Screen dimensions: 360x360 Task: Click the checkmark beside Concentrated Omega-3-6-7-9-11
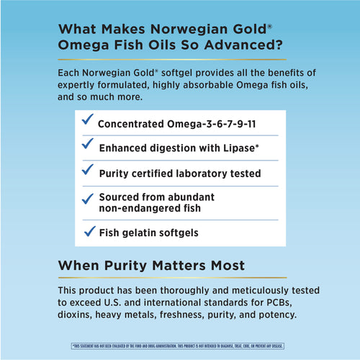pyautogui.click(x=86, y=120)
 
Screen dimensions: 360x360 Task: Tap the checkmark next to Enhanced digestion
pyautogui.click(x=86, y=145)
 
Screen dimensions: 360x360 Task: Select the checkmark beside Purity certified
pyautogui.click(x=86, y=170)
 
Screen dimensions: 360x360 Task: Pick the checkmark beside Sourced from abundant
pyautogui.click(x=86, y=197)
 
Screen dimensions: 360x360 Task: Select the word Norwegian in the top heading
pyautogui.click(x=189, y=30)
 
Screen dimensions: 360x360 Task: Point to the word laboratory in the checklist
pyautogui.click(x=204, y=174)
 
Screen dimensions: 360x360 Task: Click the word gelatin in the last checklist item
pyautogui.click(x=141, y=233)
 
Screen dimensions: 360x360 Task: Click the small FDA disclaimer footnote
pyautogui.click(x=179, y=346)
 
